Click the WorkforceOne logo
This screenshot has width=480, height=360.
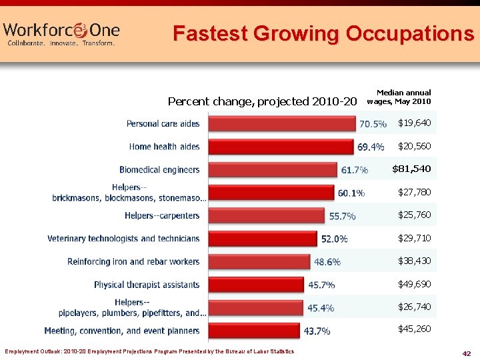tap(61, 32)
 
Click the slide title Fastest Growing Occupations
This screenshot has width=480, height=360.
tap(323, 33)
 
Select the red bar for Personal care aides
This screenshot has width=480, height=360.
tap(282, 123)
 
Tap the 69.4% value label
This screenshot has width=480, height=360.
tap(371, 147)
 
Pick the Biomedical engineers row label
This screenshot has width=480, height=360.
tap(159, 170)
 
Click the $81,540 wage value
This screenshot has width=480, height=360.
tap(411, 169)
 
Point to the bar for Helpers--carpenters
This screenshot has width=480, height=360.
tap(267, 215)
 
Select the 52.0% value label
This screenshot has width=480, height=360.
tap(334, 239)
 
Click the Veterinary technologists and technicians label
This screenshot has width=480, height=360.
tap(123, 239)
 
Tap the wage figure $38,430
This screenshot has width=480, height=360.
tap(414, 261)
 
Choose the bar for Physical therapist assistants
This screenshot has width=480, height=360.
tap(257, 285)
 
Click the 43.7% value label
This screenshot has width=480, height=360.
tap(317, 331)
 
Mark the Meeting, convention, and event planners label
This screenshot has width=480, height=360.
tap(121, 331)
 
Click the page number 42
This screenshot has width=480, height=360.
tap(466, 353)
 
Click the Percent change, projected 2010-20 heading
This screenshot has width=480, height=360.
tap(262, 101)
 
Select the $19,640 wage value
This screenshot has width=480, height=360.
tap(414, 123)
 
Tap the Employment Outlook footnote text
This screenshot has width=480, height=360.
tap(149, 351)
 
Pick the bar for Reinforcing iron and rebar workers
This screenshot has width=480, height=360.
tap(259, 261)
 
